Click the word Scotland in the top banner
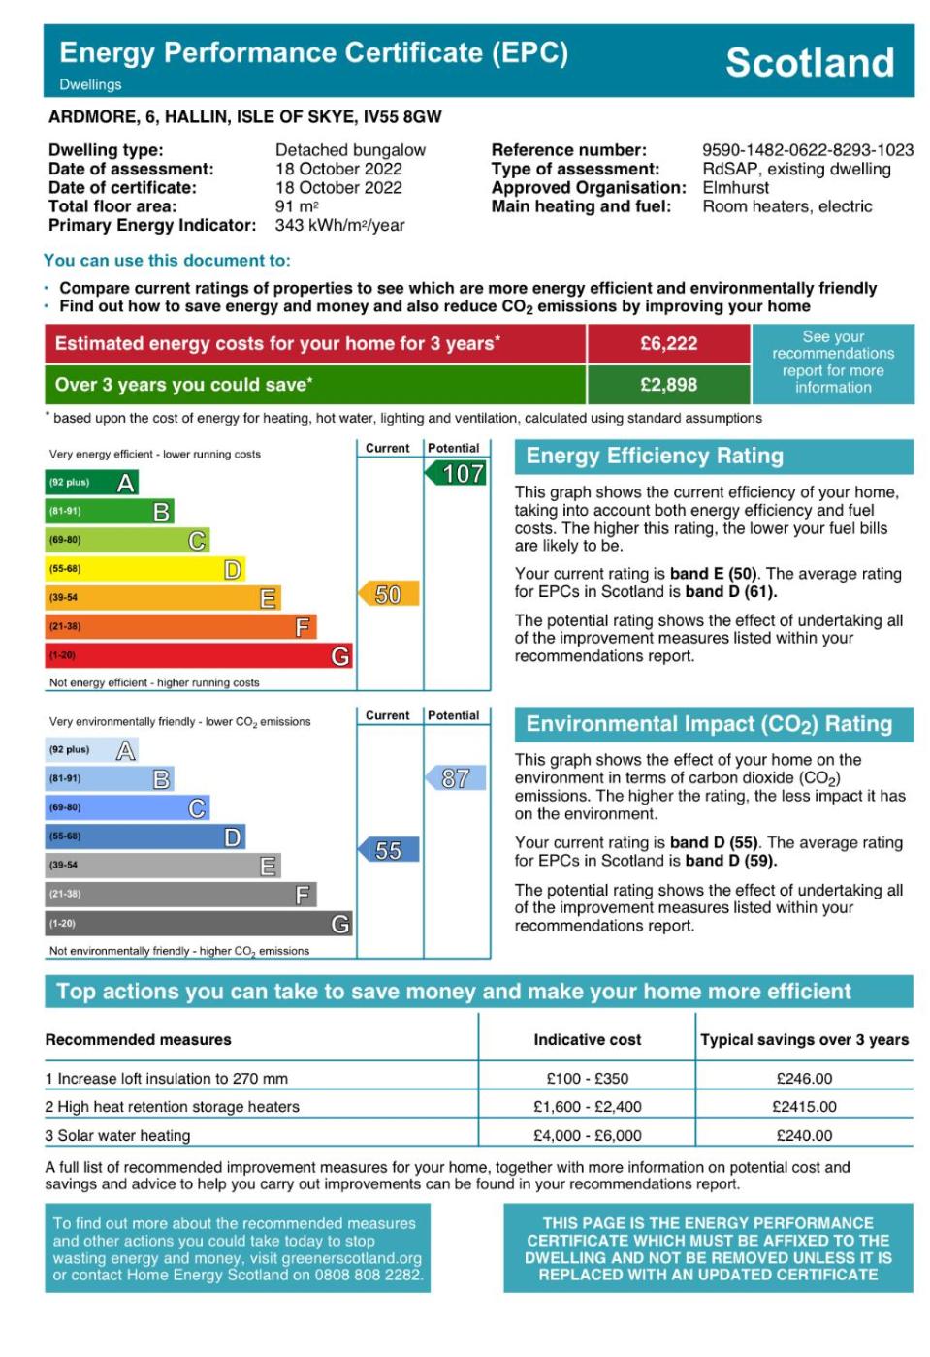(810, 63)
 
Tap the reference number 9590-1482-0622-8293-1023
(807, 150)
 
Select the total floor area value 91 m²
(297, 206)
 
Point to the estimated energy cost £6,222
(668, 344)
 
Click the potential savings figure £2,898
(668, 385)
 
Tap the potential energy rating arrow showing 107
(458, 474)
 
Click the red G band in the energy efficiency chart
(199, 656)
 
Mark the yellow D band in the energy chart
(145, 569)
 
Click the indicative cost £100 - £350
(587, 1079)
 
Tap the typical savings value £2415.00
(804, 1107)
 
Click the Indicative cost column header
(587, 1040)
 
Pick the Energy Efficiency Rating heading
(655, 457)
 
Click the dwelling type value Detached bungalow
(350, 150)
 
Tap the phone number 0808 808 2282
(375, 1276)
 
